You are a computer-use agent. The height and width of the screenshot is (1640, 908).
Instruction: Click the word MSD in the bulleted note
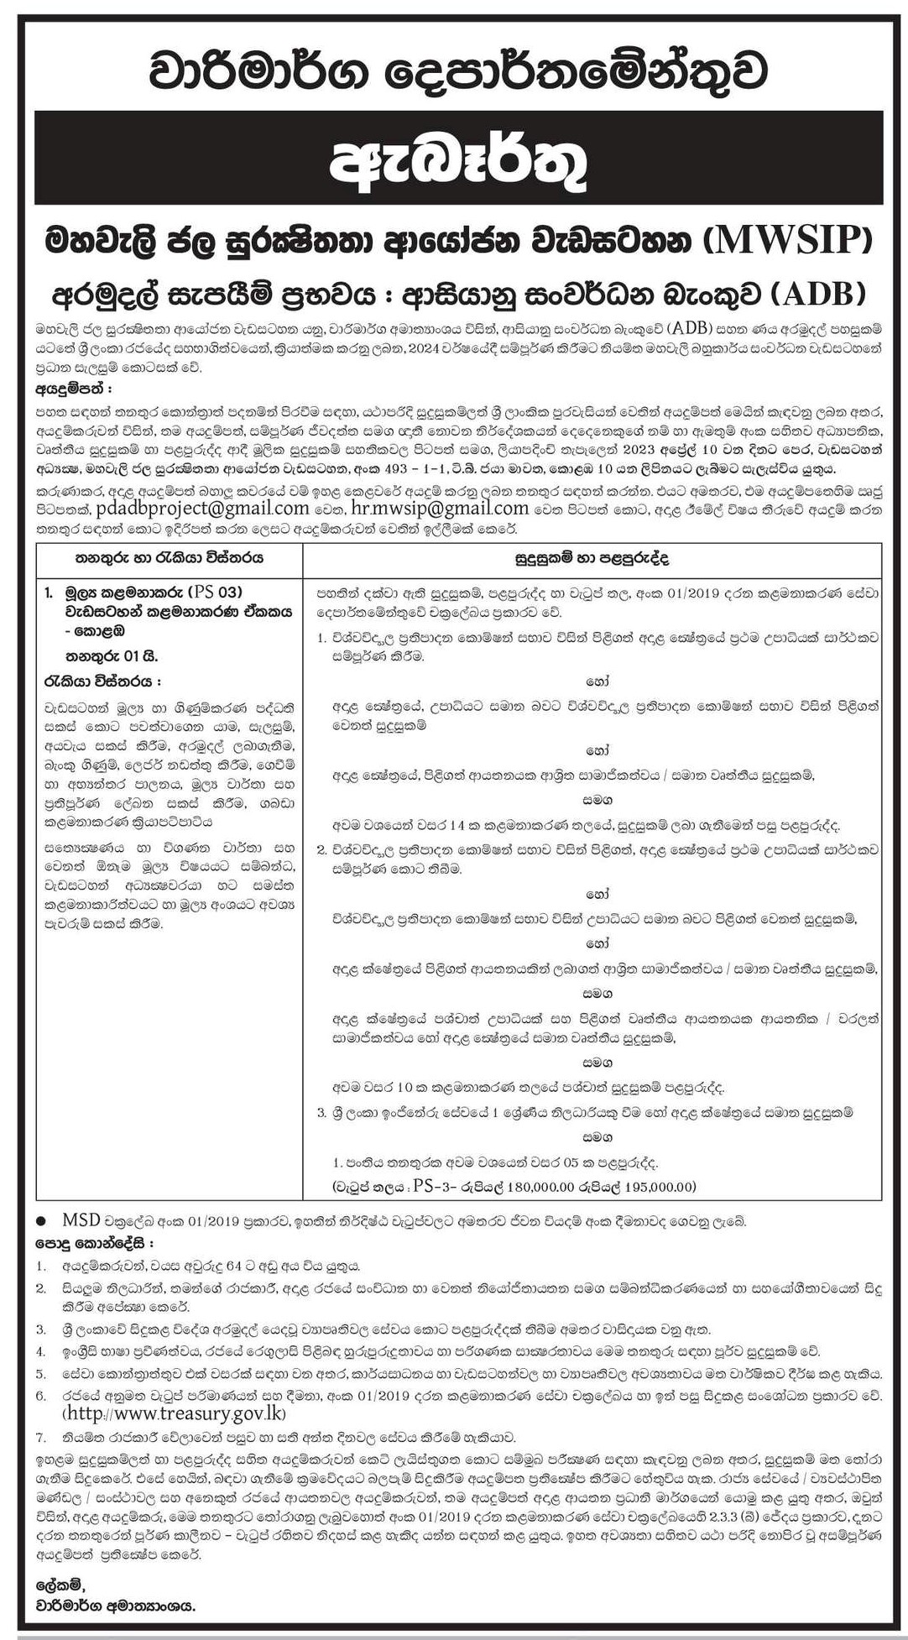pyautogui.click(x=79, y=1218)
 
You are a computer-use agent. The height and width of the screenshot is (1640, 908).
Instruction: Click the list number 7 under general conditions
pyautogui.click(x=39, y=1436)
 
